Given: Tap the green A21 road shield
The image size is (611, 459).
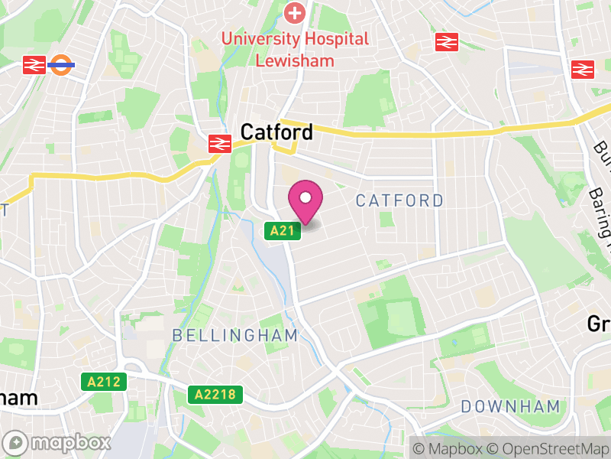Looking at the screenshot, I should pyautogui.click(x=282, y=230).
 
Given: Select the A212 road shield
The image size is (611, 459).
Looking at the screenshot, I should pyautogui.click(x=103, y=381).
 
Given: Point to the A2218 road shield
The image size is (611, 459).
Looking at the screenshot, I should pyautogui.click(x=215, y=395).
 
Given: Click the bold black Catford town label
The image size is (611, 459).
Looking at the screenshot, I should pyautogui.click(x=276, y=132).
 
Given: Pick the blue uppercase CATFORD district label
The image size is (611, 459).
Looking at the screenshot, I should pyautogui.click(x=399, y=201).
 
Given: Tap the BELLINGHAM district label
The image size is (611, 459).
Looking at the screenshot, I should pyautogui.click(x=234, y=335).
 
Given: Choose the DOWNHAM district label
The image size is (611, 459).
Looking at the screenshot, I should pyautogui.click(x=511, y=406).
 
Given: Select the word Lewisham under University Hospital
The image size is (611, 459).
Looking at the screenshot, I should pyautogui.click(x=294, y=60).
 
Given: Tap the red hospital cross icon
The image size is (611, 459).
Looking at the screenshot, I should pyautogui.click(x=294, y=12).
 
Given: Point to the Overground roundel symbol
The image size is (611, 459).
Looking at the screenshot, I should pyautogui.click(x=61, y=65).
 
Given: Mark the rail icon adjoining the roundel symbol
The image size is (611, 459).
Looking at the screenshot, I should pyautogui.click(x=34, y=65).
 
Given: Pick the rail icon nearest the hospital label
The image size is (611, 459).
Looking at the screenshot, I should pyautogui.click(x=447, y=42).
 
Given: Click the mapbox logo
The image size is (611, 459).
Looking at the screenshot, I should pyautogui.click(x=58, y=442).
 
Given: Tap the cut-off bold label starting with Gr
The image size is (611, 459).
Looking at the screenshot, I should pyautogui.click(x=599, y=324).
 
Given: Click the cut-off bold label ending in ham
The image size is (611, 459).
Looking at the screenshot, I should pyautogui.click(x=18, y=399).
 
